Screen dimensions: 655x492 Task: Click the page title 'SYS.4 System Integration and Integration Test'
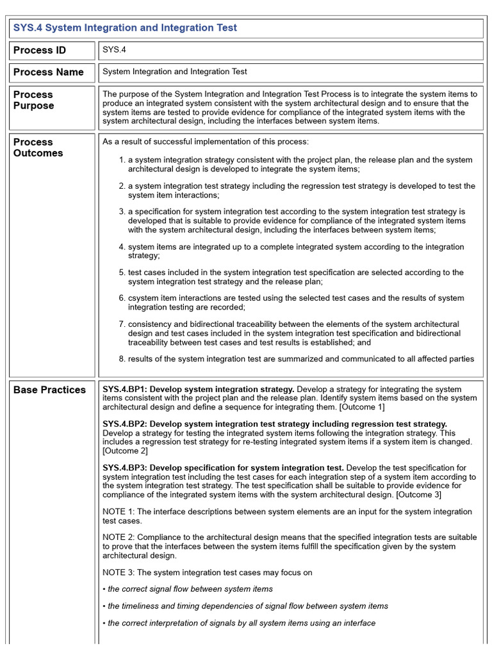tap(125, 28)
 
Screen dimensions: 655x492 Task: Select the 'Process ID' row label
tap(40, 51)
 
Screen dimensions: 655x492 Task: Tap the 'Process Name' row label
tap(49, 72)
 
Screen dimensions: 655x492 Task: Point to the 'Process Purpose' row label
tap(33, 100)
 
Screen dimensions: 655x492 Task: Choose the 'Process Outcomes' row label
tap(38, 147)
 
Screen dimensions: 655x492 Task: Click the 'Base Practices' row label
tap(49, 390)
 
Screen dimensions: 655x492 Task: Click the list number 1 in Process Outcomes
tap(121, 160)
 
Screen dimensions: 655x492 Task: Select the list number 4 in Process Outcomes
tap(121, 247)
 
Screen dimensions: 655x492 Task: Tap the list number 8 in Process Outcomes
tap(121, 359)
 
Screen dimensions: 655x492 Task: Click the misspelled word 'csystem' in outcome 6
tap(143, 298)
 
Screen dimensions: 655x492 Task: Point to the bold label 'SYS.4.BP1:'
tap(125, 390)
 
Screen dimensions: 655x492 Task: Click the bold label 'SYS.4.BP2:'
tap(125, 424)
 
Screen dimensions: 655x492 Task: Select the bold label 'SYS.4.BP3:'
tap(125, 468)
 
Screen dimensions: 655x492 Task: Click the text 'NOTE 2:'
tap(119, 538)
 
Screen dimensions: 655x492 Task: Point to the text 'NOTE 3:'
tap(119, 572)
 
